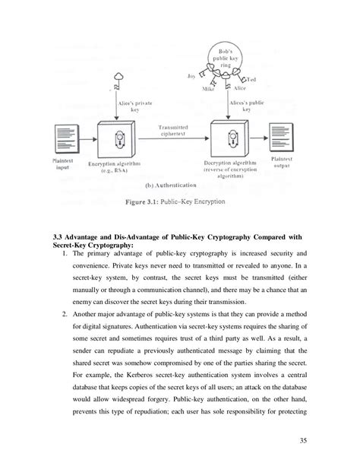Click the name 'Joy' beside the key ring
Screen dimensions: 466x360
click(191, 76)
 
